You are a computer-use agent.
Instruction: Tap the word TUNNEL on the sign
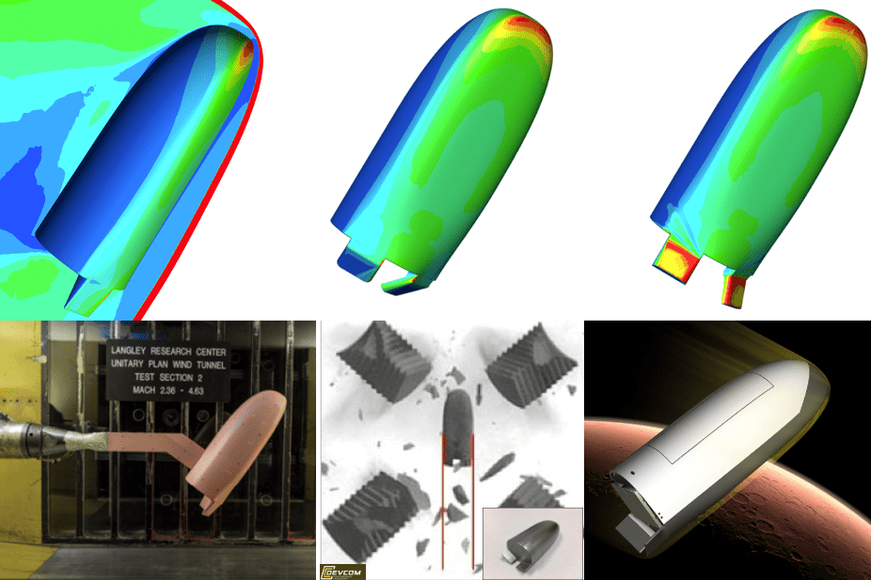click(215, 360)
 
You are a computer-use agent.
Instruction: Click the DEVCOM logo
click(343, 571)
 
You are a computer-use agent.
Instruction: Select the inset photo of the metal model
click(531, 543)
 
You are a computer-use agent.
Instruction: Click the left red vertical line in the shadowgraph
click(442, 498)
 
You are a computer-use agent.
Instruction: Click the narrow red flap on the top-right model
click(734, 290)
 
